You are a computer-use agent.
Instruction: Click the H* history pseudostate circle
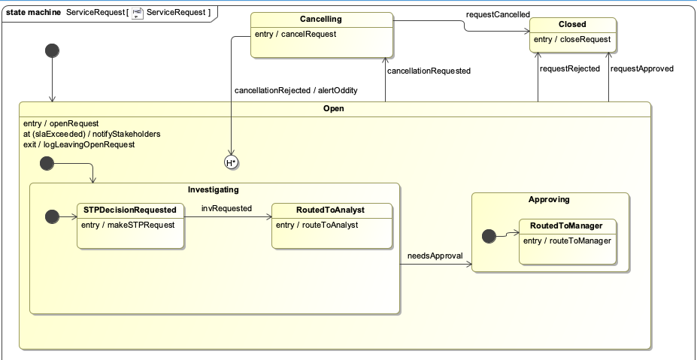pyautogui.click(x=231, y=162)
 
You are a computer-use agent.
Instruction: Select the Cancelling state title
pyautogui.click(x=321, y=19)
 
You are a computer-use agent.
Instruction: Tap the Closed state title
pyautogui.click(x=572, y=25)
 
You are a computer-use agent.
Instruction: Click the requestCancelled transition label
pyautogui.click(x=498, y=15)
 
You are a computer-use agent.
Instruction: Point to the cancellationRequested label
pyautogui.click(x=429, y=71)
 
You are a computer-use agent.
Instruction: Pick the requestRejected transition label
pyautogui.click(x=570, y=68)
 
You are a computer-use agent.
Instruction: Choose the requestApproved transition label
pyautogui.click(x=642, y=68)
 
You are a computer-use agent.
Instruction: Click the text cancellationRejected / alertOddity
pyautogui.click(x=296, y=90)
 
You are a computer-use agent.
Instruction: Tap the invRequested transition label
pyautogui.click(x=227, y=208)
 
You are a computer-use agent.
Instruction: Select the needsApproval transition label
pyautogui.click(x=435, y=256)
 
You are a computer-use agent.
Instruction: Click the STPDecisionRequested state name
pyautogui.click(x=130, y=210)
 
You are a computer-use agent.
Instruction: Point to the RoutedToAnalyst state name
pyautogui.click(x=330, y=210)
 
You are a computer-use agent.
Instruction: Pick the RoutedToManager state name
pyautogui.click(x=566, y=225)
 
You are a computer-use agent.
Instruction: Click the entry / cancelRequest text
pyautogui.click(x=295, y=35)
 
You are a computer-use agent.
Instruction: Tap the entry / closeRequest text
pyautogui.click(x=572, y=40)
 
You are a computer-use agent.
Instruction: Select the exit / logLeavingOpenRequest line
pyautogui.click(x=79, y=144)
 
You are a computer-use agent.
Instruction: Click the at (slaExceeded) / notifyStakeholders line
pyautogui.click(x=92, y=134)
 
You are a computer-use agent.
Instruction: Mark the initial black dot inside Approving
pyautogui.click(x=489, y=236)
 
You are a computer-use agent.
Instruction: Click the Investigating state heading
pyautogui.click(x=214, y=190)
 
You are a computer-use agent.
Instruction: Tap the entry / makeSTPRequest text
pyautogui.click(x=128, y=225)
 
